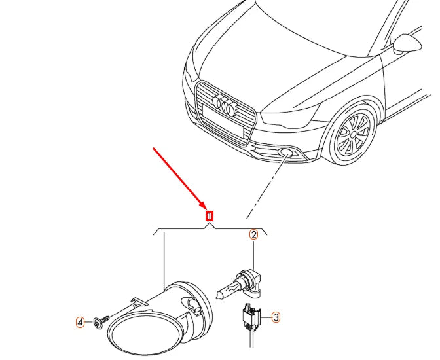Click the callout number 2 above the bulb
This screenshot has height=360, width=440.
coord(253,234)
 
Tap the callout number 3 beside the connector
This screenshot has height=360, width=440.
coord(276,317)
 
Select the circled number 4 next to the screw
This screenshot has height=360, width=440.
coord(80,322)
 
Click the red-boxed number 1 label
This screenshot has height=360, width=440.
coord(210,215)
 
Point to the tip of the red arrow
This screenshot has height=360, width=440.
coord(206,209)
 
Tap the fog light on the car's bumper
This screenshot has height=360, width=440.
coord(287,154)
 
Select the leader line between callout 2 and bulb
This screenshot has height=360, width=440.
coord(253,252)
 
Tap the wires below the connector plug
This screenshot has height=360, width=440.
coord(250,344)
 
